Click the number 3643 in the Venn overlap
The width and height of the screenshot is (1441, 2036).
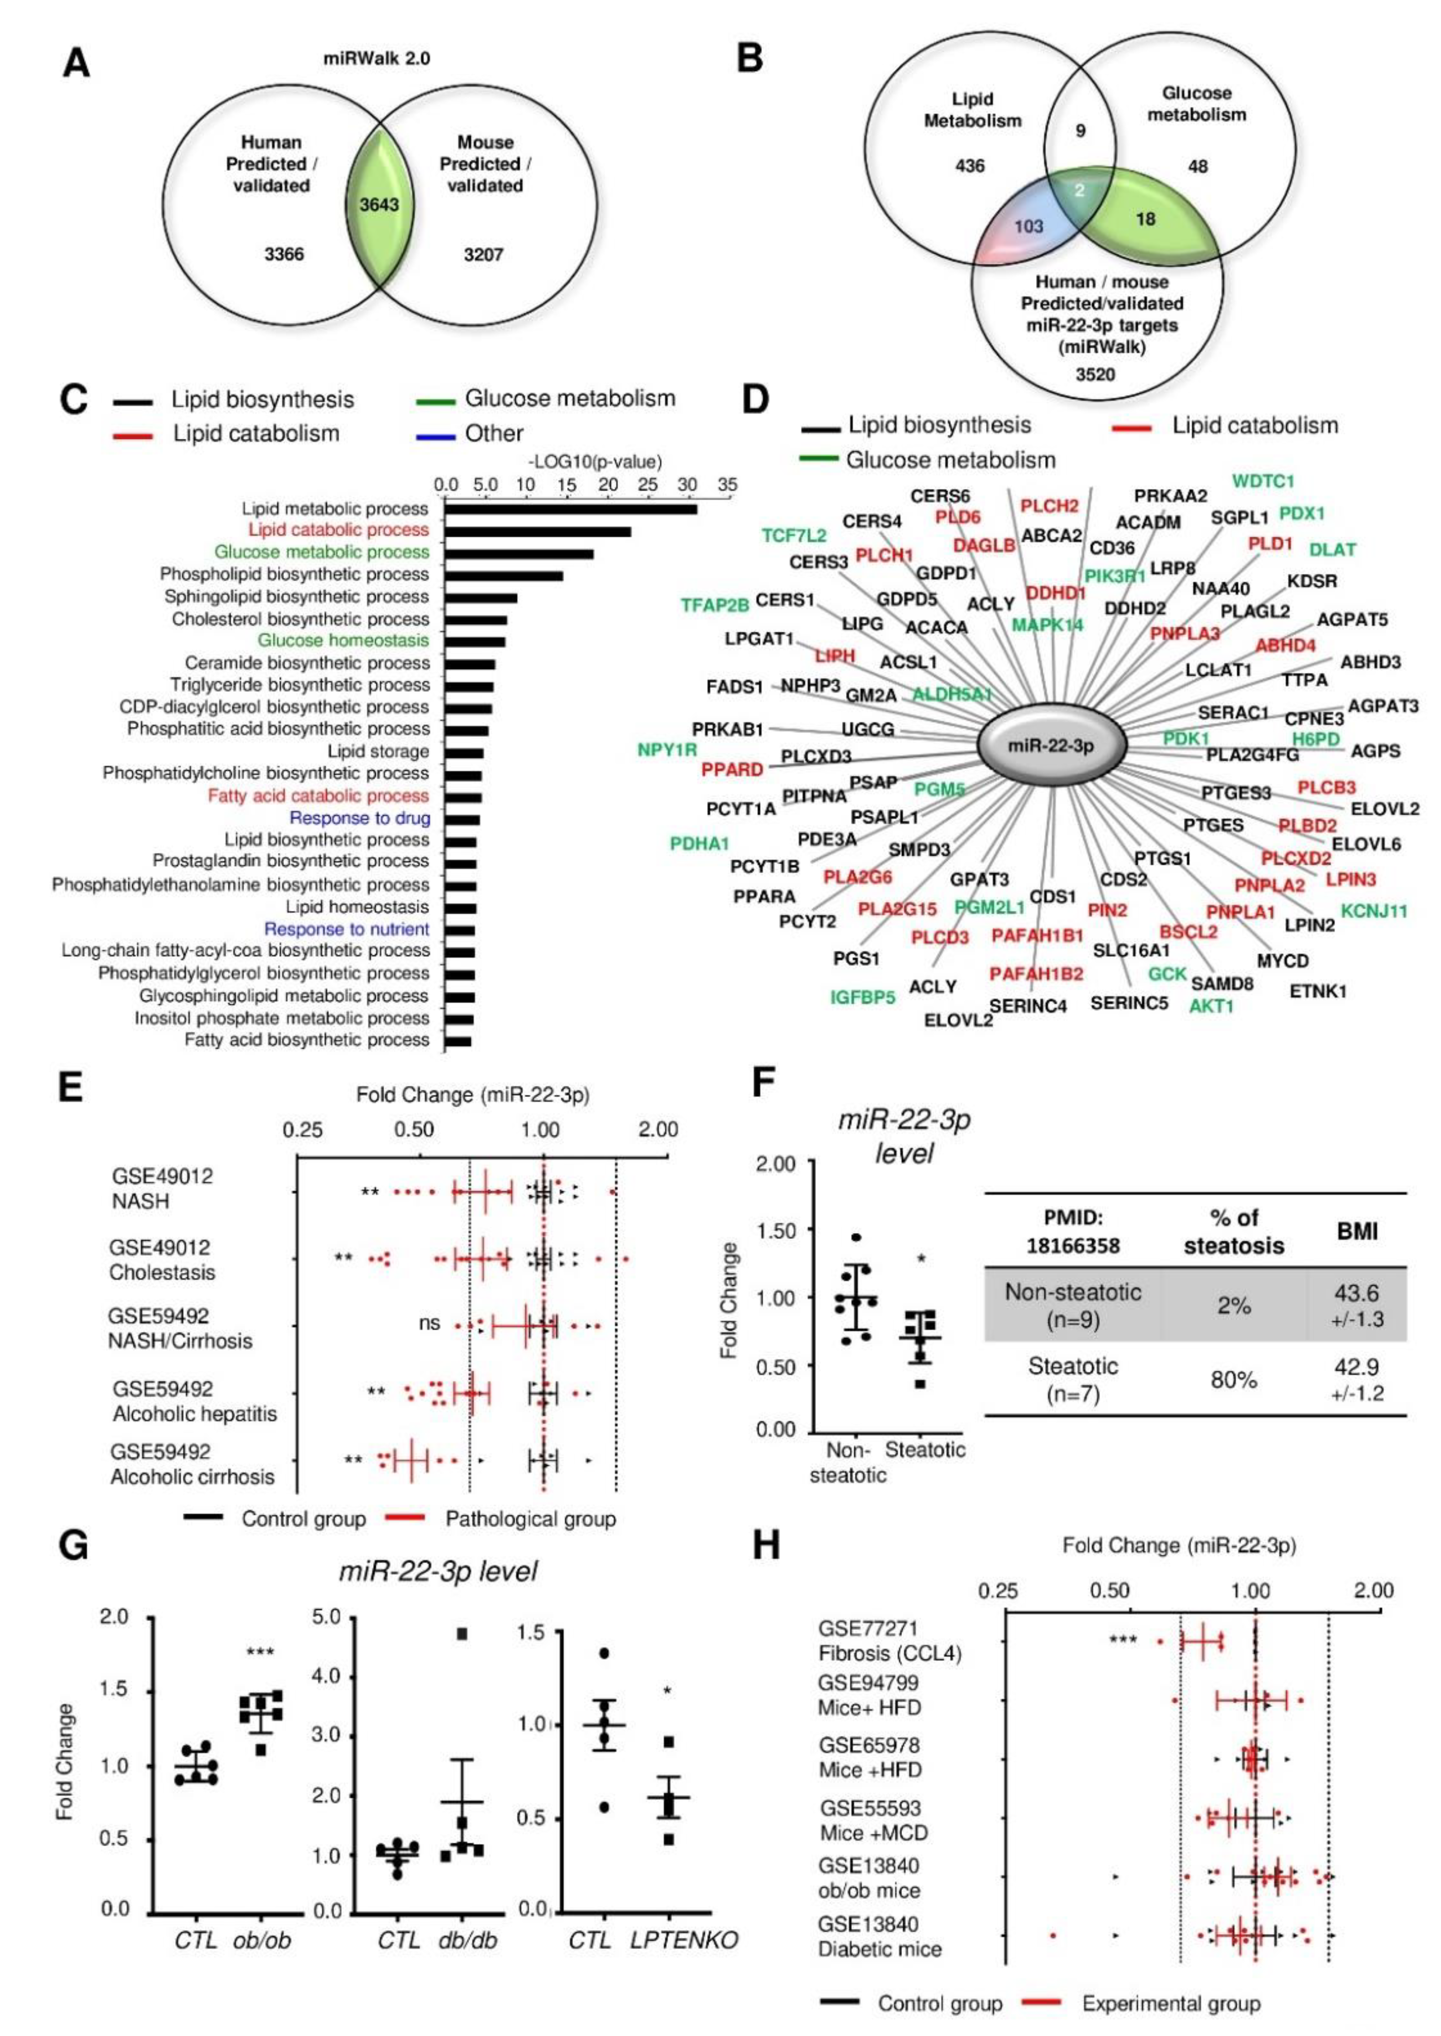click(x=379, y=205)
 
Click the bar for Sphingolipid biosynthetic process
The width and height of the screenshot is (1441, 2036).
click(x=480, y=597)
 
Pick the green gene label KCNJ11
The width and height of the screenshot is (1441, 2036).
click(x=1374, y=911)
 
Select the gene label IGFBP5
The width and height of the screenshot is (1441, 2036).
click(x=863, y=997)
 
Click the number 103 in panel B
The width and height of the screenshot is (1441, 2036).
click(x=1029, y=226)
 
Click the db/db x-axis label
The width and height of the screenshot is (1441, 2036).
click(x=468, y=1940)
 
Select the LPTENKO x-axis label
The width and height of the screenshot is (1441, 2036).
click(x=684, y=1940)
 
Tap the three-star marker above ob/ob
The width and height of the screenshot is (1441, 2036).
click(x=260, y=1652)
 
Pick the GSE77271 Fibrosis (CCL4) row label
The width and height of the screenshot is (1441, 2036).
click(x=889, y=1641)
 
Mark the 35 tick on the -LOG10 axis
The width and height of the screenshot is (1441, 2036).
click(x=727, y=485)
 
